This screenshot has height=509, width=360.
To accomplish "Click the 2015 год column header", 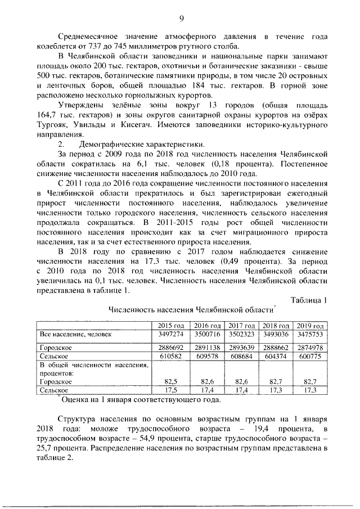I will point(171,326).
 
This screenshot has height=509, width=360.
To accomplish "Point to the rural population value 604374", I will point(276,356).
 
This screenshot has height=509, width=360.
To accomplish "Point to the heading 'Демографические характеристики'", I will point(124,144).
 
